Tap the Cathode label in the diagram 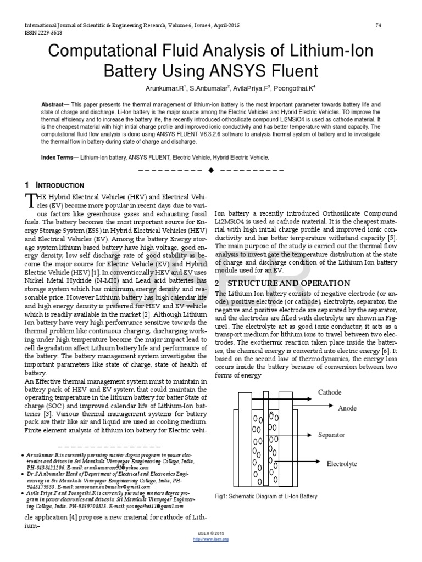[x=330, y=392]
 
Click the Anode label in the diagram [x=347, y=408]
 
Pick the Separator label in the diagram [x=331, y=435]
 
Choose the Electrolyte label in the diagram [x=342, y=464]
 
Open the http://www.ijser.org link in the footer [x=212, y=539]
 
